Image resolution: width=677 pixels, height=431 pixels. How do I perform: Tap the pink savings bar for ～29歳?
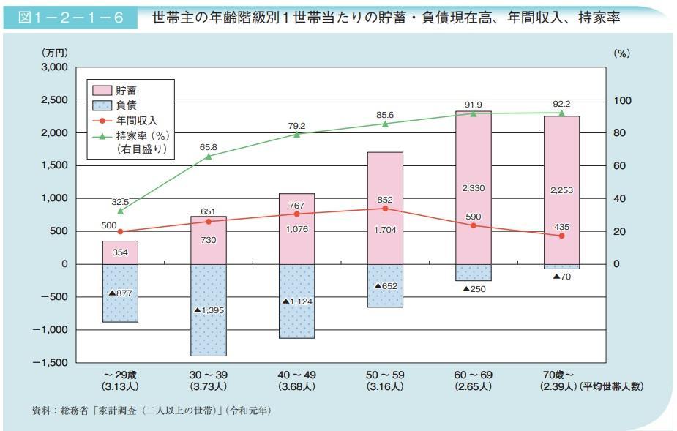(120, 252)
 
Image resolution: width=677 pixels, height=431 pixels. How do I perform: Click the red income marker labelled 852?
(385, 209)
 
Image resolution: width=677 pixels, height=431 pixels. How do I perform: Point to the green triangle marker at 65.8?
(208, 156)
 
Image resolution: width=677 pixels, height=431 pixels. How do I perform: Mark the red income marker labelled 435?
(561, 236)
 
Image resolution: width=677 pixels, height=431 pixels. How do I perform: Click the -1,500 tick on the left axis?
(52, 363)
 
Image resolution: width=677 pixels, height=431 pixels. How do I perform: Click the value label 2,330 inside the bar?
(473, 189)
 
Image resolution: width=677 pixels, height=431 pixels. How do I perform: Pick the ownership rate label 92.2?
(561, 103)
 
